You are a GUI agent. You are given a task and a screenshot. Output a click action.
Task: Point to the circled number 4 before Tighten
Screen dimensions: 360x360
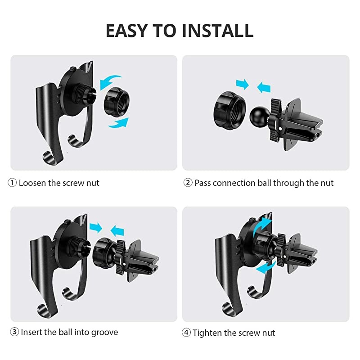click(x=186, y=333)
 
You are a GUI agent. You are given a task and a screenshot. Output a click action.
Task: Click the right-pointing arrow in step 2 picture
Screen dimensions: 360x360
click(x=243, y=84)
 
